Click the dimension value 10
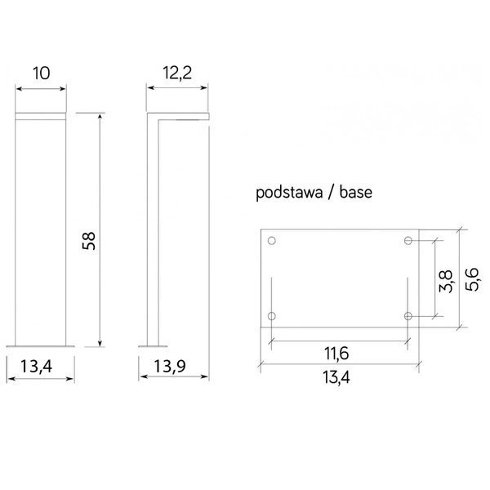[42, 73]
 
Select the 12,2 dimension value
[177, 73]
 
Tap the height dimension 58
[89, 241]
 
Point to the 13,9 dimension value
[170, 366]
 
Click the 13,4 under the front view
[36, 367]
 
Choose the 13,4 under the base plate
[336, 377]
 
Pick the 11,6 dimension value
[336, 354]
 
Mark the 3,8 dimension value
[445, 281]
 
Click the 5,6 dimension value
[471, 279]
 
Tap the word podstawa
[289, 193]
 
